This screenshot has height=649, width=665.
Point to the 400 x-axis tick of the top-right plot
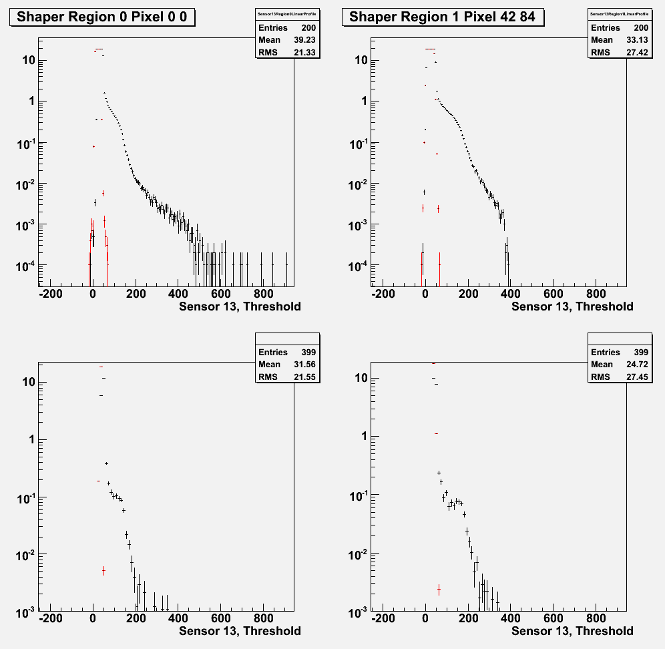[511, 293]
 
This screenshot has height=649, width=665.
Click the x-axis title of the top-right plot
[572, 306]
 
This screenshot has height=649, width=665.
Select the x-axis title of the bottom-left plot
[240, 631]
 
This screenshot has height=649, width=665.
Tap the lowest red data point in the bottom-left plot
[103, 571]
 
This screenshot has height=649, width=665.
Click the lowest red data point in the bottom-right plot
[439, 590]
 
